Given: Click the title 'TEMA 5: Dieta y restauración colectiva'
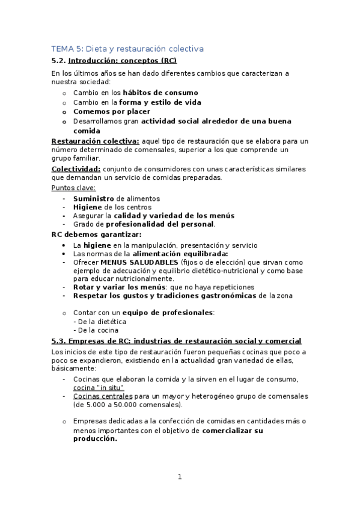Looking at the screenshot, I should click(127, 48).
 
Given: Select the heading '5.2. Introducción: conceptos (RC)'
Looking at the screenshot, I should click(114, 61).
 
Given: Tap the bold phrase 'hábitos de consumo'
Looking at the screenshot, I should click(160, 93).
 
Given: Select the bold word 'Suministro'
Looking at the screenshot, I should click(94, 198).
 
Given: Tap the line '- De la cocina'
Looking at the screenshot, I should click(96, 330).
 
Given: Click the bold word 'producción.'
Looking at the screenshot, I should click(95, 438).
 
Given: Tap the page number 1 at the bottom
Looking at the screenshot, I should click(179, 477).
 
